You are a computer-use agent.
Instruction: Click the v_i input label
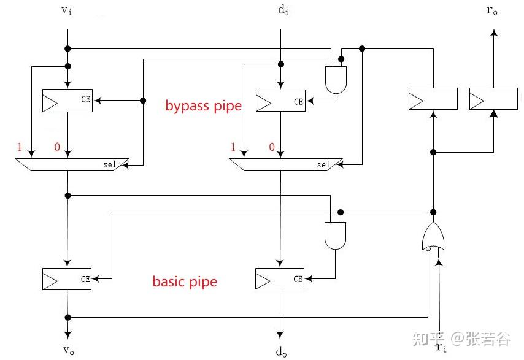click(x=67, y=12)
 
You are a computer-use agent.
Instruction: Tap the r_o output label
click(x=491, y=11)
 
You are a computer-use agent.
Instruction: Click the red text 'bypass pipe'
click(x=203, y=105)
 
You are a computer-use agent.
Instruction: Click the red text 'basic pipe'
click(x=185, y=281)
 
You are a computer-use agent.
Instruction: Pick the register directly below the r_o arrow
click(x=493, y=99)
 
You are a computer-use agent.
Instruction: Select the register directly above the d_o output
click(x=280, y=279)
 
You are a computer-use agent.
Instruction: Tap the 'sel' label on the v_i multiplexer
click(x=110, y=164)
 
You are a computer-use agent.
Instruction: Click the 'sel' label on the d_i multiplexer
click(x=323, y=164)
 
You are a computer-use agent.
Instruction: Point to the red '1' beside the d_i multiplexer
click(x=233, y=147)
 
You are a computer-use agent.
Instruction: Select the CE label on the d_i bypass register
click(x=298, y=102)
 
